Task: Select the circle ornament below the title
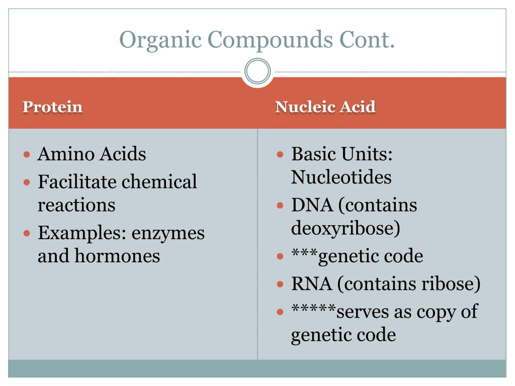pyautogui.click(x=257, y=71)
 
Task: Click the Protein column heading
pyautogui.click(x=53, y=107)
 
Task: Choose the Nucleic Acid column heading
pyautogui.click(x=325, y=107)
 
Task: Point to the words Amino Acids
pyautogui.click(x=92, y=154)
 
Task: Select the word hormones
pyautogui.click(x=117, y=256)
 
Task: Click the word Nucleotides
pyautogui.click(x=341, y=177)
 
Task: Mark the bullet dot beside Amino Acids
pyautogui.click(x=28, y=153)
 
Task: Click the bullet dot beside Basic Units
pyautogui.click(x=281, y=153)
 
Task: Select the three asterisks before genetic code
pyautogui.click(x=305, y=254)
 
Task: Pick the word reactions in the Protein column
pyautogui.click(x=76, y=205)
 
